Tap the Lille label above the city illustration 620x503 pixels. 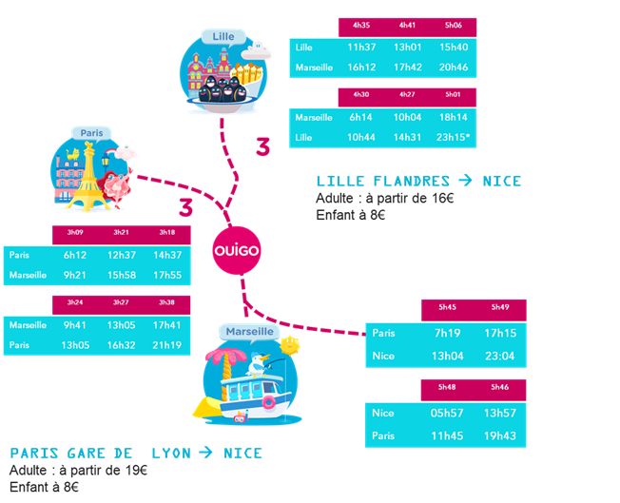[x=223, y=37]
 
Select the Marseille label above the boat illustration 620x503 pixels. [x=249, y=332]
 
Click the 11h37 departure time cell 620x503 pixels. [x=361, y=48]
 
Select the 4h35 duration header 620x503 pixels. [x=361, y=27]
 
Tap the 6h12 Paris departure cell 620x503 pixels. [x=74, y=255]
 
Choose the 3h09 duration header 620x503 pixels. [x=74, y=233]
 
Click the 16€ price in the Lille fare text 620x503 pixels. [x=442, y=199]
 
